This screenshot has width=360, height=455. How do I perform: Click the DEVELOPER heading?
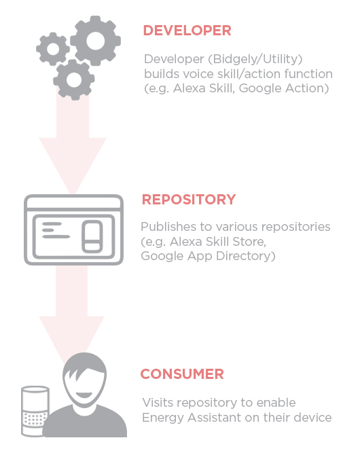[187, 31]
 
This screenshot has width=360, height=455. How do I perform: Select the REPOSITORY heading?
[189, 200]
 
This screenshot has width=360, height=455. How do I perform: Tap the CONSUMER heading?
[182, 374]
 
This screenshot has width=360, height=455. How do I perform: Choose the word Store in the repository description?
[249, 242]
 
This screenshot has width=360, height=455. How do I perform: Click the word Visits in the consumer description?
[158, 403]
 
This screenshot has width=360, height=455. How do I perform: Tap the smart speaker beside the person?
[35, 411]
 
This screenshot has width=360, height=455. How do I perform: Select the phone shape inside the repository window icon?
[92, 236]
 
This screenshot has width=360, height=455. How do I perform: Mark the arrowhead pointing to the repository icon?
[73, 166]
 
